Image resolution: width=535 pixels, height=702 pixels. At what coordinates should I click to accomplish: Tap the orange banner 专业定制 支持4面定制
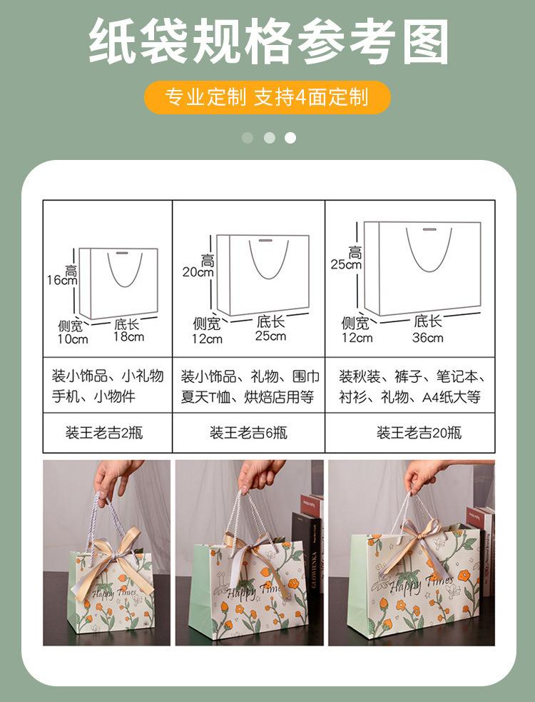[267, 97]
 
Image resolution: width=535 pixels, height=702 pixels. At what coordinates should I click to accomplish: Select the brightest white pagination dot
[290, 138]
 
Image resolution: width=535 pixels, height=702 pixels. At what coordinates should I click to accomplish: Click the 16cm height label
[62, 280]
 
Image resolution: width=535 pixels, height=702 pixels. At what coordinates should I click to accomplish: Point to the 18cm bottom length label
[128, 336]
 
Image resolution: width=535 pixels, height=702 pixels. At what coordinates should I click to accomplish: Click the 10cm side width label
[73, 339]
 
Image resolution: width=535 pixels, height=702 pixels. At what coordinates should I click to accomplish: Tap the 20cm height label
[198, 271]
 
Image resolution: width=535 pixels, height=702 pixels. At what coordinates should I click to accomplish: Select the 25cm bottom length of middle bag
[271, 336]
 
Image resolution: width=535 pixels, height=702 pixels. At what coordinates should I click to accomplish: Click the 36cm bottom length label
[427, 337]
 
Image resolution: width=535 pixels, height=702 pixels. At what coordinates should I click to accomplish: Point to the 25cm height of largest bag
[345, 264]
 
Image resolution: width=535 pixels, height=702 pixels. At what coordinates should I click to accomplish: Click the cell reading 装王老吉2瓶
[107, 433]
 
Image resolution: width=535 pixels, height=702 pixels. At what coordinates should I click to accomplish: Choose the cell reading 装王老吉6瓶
[248, 433]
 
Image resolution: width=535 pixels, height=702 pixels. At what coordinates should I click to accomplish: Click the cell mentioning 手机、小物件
[107, 386]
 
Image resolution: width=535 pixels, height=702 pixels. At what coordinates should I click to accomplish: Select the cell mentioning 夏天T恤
[248, 386]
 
